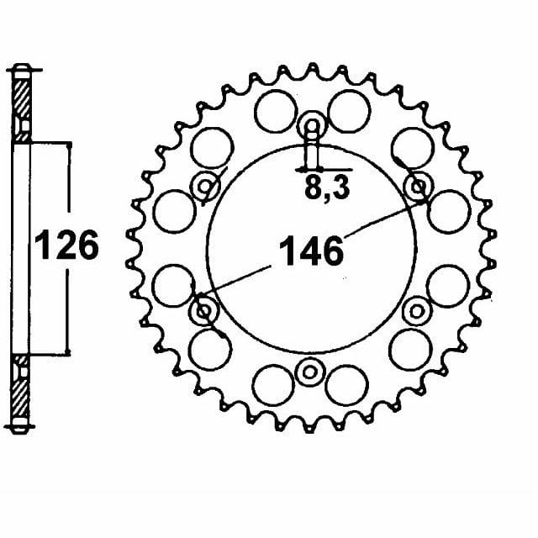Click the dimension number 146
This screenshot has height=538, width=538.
click(311, 251)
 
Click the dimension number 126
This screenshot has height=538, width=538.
click(66, 245)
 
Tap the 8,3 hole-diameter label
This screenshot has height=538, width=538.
click(327, 188)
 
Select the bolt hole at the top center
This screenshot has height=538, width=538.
click(312, 126)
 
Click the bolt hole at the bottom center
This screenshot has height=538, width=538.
click(309, 372)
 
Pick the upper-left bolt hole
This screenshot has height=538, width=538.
click(205, 187)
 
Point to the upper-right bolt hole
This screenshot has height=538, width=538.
click(418, 187)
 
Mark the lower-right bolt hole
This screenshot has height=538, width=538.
click(417, 312)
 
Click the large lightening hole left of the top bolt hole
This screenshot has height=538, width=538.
click(275, 111)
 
